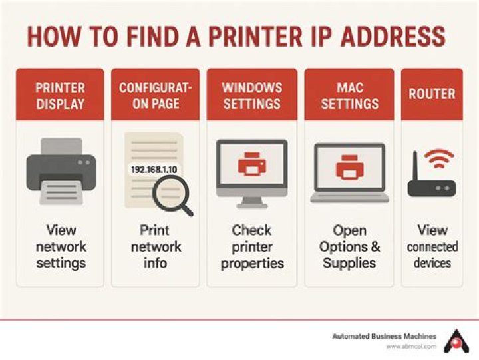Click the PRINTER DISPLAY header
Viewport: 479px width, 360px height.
[x=60, y=96]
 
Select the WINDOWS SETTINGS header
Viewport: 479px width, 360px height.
[x=251, y=96]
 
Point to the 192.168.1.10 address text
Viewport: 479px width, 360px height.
[x=153, y=170]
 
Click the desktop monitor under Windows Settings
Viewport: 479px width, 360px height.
[x=251, y=172]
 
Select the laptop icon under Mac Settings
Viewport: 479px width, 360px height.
[x=349, y=172]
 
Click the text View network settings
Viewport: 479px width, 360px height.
[x=61, y=246]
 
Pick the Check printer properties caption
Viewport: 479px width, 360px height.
[x=251, y=246]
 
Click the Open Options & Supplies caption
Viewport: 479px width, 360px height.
[x=349, y=246]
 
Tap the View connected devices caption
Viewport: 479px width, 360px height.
[x=432, y=246]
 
